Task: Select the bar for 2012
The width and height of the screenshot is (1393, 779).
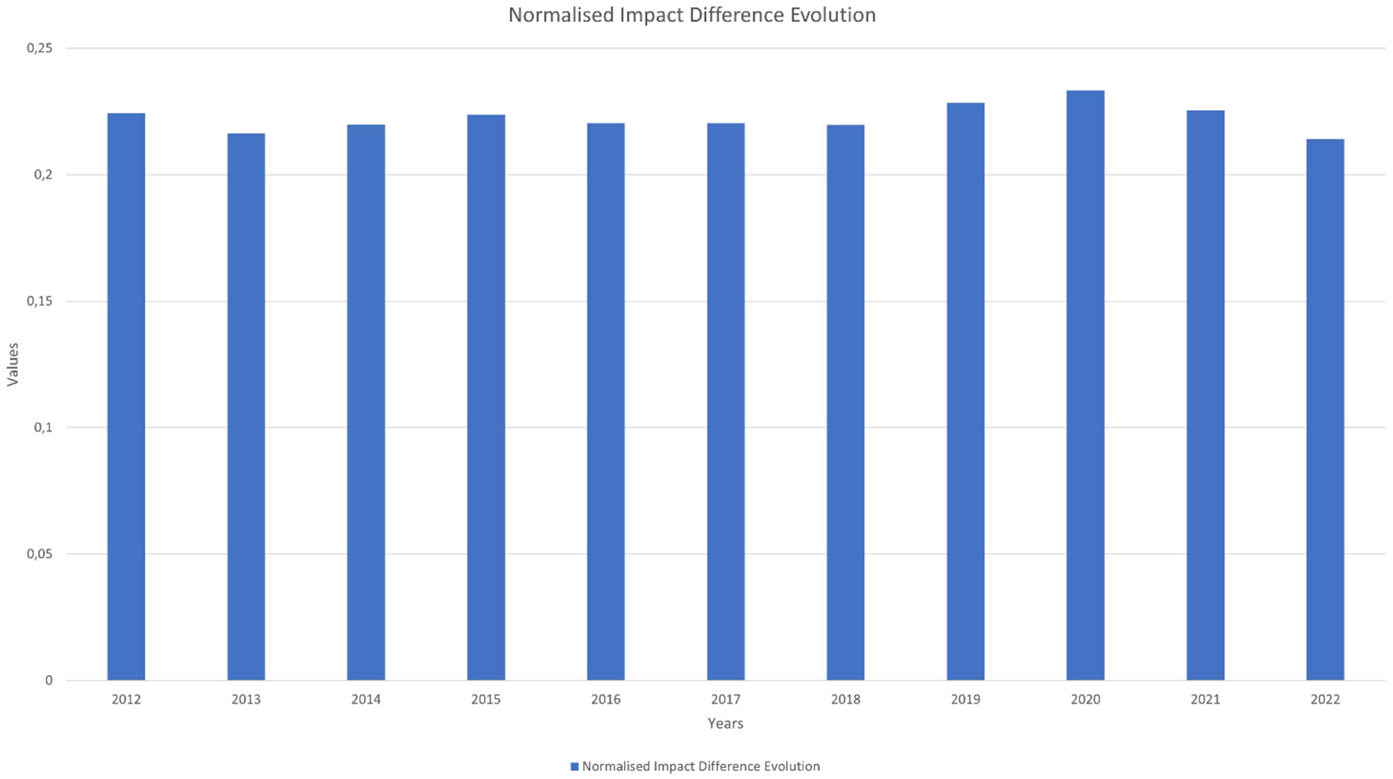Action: pos(126,397)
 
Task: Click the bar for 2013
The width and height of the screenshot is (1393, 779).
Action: pos(246,406)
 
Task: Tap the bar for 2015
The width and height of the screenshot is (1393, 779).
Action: pos(486,397)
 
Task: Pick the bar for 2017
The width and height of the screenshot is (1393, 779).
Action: pos(726,402)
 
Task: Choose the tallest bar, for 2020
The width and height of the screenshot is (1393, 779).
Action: pos(1085,385)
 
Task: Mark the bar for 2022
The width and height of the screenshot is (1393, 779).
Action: pos(1325,410)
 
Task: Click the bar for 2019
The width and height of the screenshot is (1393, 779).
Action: pos(965,391)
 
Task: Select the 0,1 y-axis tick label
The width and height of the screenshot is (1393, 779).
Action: pos(42,428)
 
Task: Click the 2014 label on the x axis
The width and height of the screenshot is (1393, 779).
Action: pos(366,700)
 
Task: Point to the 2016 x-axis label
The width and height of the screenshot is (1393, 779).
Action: pos(605,700)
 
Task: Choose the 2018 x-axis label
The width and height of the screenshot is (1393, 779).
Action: pos(845,700)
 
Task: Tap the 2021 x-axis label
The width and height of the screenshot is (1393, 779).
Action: pos(1205,700)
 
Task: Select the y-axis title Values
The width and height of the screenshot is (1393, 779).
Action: pos(13,365)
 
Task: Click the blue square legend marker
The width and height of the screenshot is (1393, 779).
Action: pos(575,766)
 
